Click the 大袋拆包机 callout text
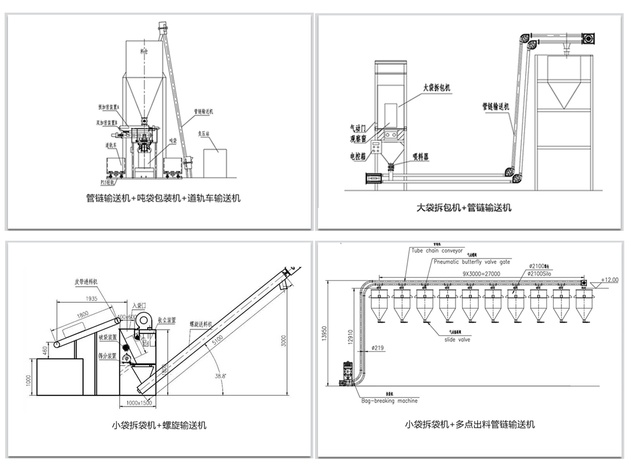click(x=437, y=88)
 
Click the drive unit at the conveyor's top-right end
click(x=589, y=38)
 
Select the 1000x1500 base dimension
click(x=139, y=403)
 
